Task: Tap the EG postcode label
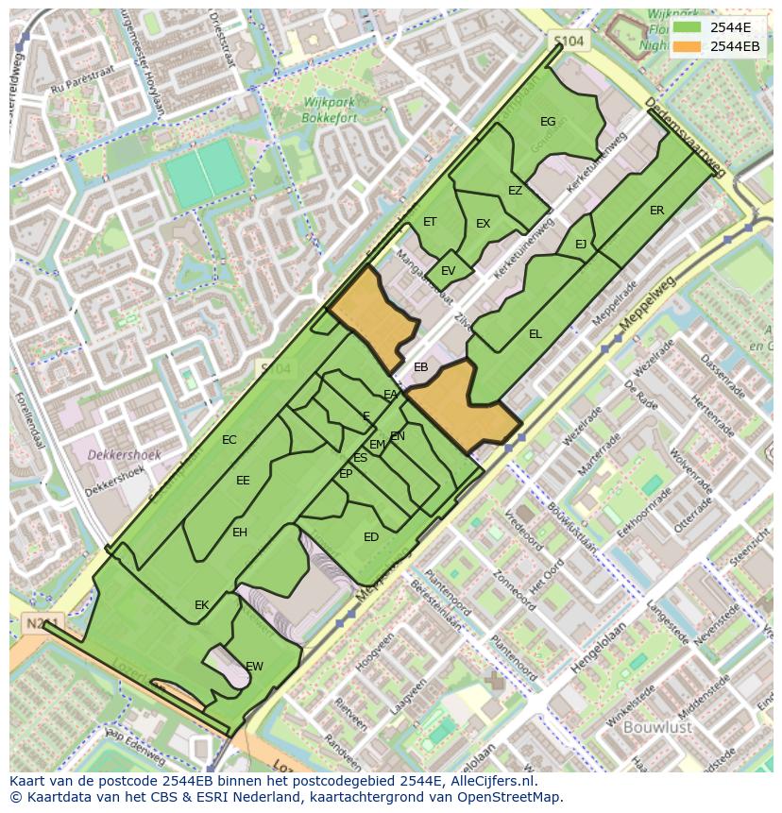[x=548, y=122]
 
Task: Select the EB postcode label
[x=421, y=367]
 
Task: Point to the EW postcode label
[x=254, y=667]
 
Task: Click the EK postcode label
[x=201, y=605]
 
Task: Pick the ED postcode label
[x=371, y=537]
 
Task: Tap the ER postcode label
[x=656, y=211]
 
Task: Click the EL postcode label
[x=535, y=334]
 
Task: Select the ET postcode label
[x=430, y=222]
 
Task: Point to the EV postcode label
[x=448, y=271]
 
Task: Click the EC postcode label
[x=229, y=440]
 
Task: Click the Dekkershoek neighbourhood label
[x=124, y=454]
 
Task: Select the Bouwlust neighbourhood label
[x=657, y=727]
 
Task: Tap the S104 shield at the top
[x=569, y=42]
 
